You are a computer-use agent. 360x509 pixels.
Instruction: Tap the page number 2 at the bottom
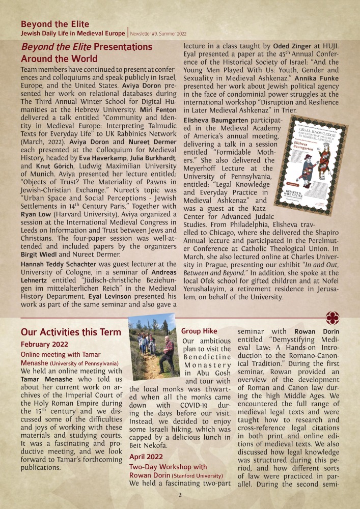pyautogui.click(x=180, y=495)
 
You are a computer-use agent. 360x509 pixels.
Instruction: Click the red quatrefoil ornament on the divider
pyautogui.click(x=334, y=316)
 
